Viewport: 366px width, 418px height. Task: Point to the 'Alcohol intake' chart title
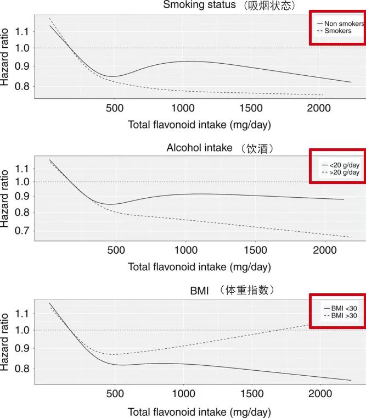(199, 148)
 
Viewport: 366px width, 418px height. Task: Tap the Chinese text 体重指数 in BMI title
(251, 289)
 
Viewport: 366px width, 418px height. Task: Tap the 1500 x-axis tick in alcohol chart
(253, 250)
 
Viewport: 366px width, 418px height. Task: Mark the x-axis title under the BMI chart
(199, 411)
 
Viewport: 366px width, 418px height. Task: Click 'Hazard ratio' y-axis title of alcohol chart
(7, 200)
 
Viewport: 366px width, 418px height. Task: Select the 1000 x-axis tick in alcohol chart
(184, 250)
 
